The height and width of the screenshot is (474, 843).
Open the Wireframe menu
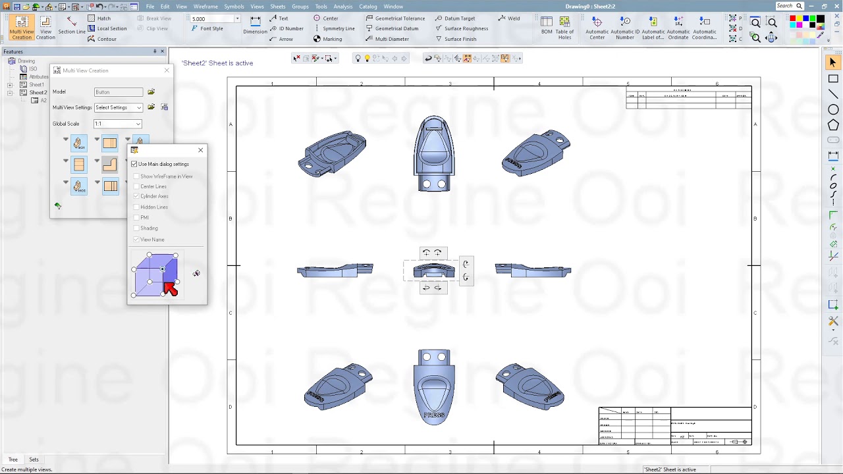(x=205, y=7)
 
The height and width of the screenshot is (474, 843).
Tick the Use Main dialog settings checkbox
(x=134, y=164)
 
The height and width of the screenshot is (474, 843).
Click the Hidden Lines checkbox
(x=136, y=207)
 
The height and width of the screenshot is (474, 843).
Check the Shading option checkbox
(x=136, y=228)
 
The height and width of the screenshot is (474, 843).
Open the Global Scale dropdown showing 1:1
(x=118, y=124)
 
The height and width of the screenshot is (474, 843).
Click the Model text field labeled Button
(x=119, y=92)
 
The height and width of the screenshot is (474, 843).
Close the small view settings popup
(x=201, y=150)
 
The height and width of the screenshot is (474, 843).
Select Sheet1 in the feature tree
(x=37, y=85)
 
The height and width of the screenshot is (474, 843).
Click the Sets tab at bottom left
(x=34, y=460)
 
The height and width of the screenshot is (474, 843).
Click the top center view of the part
(x=434, y=153)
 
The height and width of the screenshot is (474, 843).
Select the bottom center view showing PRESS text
(x=434, y=386)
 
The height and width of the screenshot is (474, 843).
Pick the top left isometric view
(x=332, y=153)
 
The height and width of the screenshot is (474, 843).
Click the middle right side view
(x=533, y=270)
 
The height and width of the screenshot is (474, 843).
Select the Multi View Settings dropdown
(x=119, y=107)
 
